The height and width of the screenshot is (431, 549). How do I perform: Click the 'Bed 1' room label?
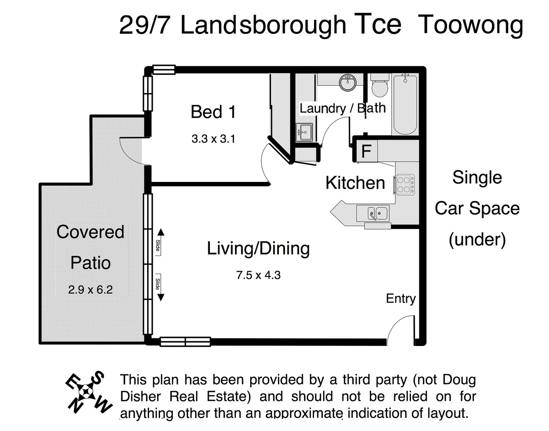coord(213,112)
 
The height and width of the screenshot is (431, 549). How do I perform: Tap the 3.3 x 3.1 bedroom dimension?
coord(213,139)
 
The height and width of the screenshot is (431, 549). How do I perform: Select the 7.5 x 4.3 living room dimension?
coord(258,275)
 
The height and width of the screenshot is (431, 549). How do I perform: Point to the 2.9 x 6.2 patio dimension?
coord(90,290)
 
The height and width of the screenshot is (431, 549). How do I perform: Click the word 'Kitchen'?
coord(355,183)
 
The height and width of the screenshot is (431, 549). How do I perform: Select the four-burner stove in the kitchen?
coord(405,184)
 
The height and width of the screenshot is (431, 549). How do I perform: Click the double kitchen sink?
coord(377,214)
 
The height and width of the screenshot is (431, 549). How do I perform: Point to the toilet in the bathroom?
coord(379,86)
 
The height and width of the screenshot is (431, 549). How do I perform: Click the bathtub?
coord(405,105)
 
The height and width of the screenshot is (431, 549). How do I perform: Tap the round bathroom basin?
coord(348,83)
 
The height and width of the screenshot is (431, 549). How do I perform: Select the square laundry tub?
coord(304,132)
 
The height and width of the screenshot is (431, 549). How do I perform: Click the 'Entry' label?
coord(401,299)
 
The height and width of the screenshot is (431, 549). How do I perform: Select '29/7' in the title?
coord(145,25)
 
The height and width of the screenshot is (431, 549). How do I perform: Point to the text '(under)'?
coord(477,239)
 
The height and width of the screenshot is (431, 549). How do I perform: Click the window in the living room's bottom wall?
coord(185,342)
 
